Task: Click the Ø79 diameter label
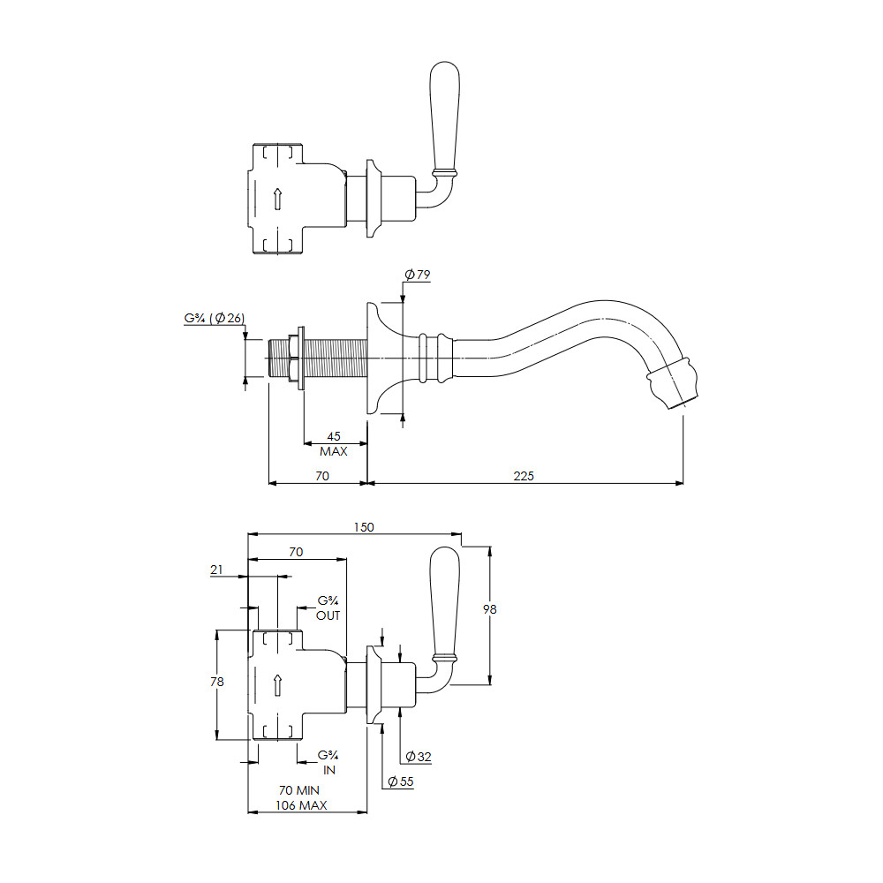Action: [x=418, y=275]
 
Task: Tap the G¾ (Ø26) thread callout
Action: [x=214, y=318]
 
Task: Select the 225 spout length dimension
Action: [x=524, y=476]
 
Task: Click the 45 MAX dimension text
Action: [x=334, y=444]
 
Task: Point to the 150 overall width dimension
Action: [x=364, y=527]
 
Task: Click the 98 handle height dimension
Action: [x=490, y=608]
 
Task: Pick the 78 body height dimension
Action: [x=217, y=682]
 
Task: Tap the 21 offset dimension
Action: [x=216, y=570]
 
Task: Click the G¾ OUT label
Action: [x=328, y=608]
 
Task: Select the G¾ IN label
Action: [x=328, y=763]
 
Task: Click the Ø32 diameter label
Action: [x=419, y=757]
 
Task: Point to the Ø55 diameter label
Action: [x=400, y=781]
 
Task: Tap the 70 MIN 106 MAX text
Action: [x=301, y=798]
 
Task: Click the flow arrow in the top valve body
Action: [x=277, y=200]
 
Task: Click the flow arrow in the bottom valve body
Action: [x=277, y=685]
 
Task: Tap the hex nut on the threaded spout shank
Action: [x=293, y=358]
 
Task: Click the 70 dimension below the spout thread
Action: [x=322, y=476]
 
